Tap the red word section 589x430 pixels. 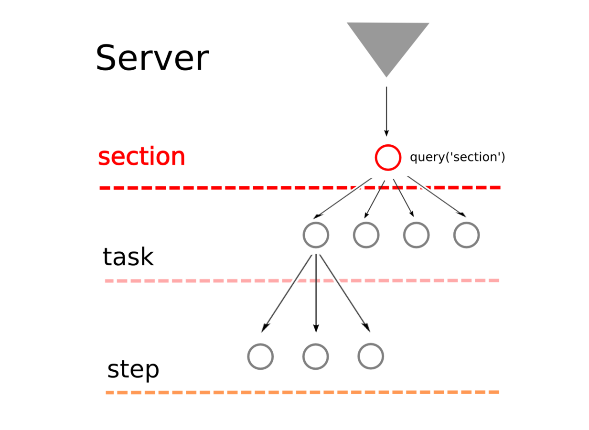[141, 157]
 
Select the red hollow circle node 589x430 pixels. [388, 157]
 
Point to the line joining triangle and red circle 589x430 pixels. [386, 107]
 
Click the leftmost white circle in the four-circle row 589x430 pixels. [316, 235]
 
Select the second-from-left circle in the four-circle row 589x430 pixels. [366, 235]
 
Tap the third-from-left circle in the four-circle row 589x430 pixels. [416, 235]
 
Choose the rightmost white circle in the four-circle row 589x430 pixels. [466, 235]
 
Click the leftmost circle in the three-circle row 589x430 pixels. [260, 356]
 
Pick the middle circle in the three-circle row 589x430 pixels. [315, 356]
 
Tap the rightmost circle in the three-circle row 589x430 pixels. [371, 356]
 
